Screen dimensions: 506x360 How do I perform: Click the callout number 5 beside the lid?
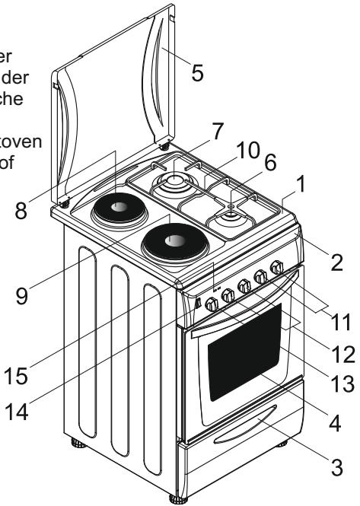click(197, 73)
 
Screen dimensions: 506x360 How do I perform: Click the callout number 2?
click(336, 263)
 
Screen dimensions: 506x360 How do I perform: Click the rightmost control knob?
click(277, 268)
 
